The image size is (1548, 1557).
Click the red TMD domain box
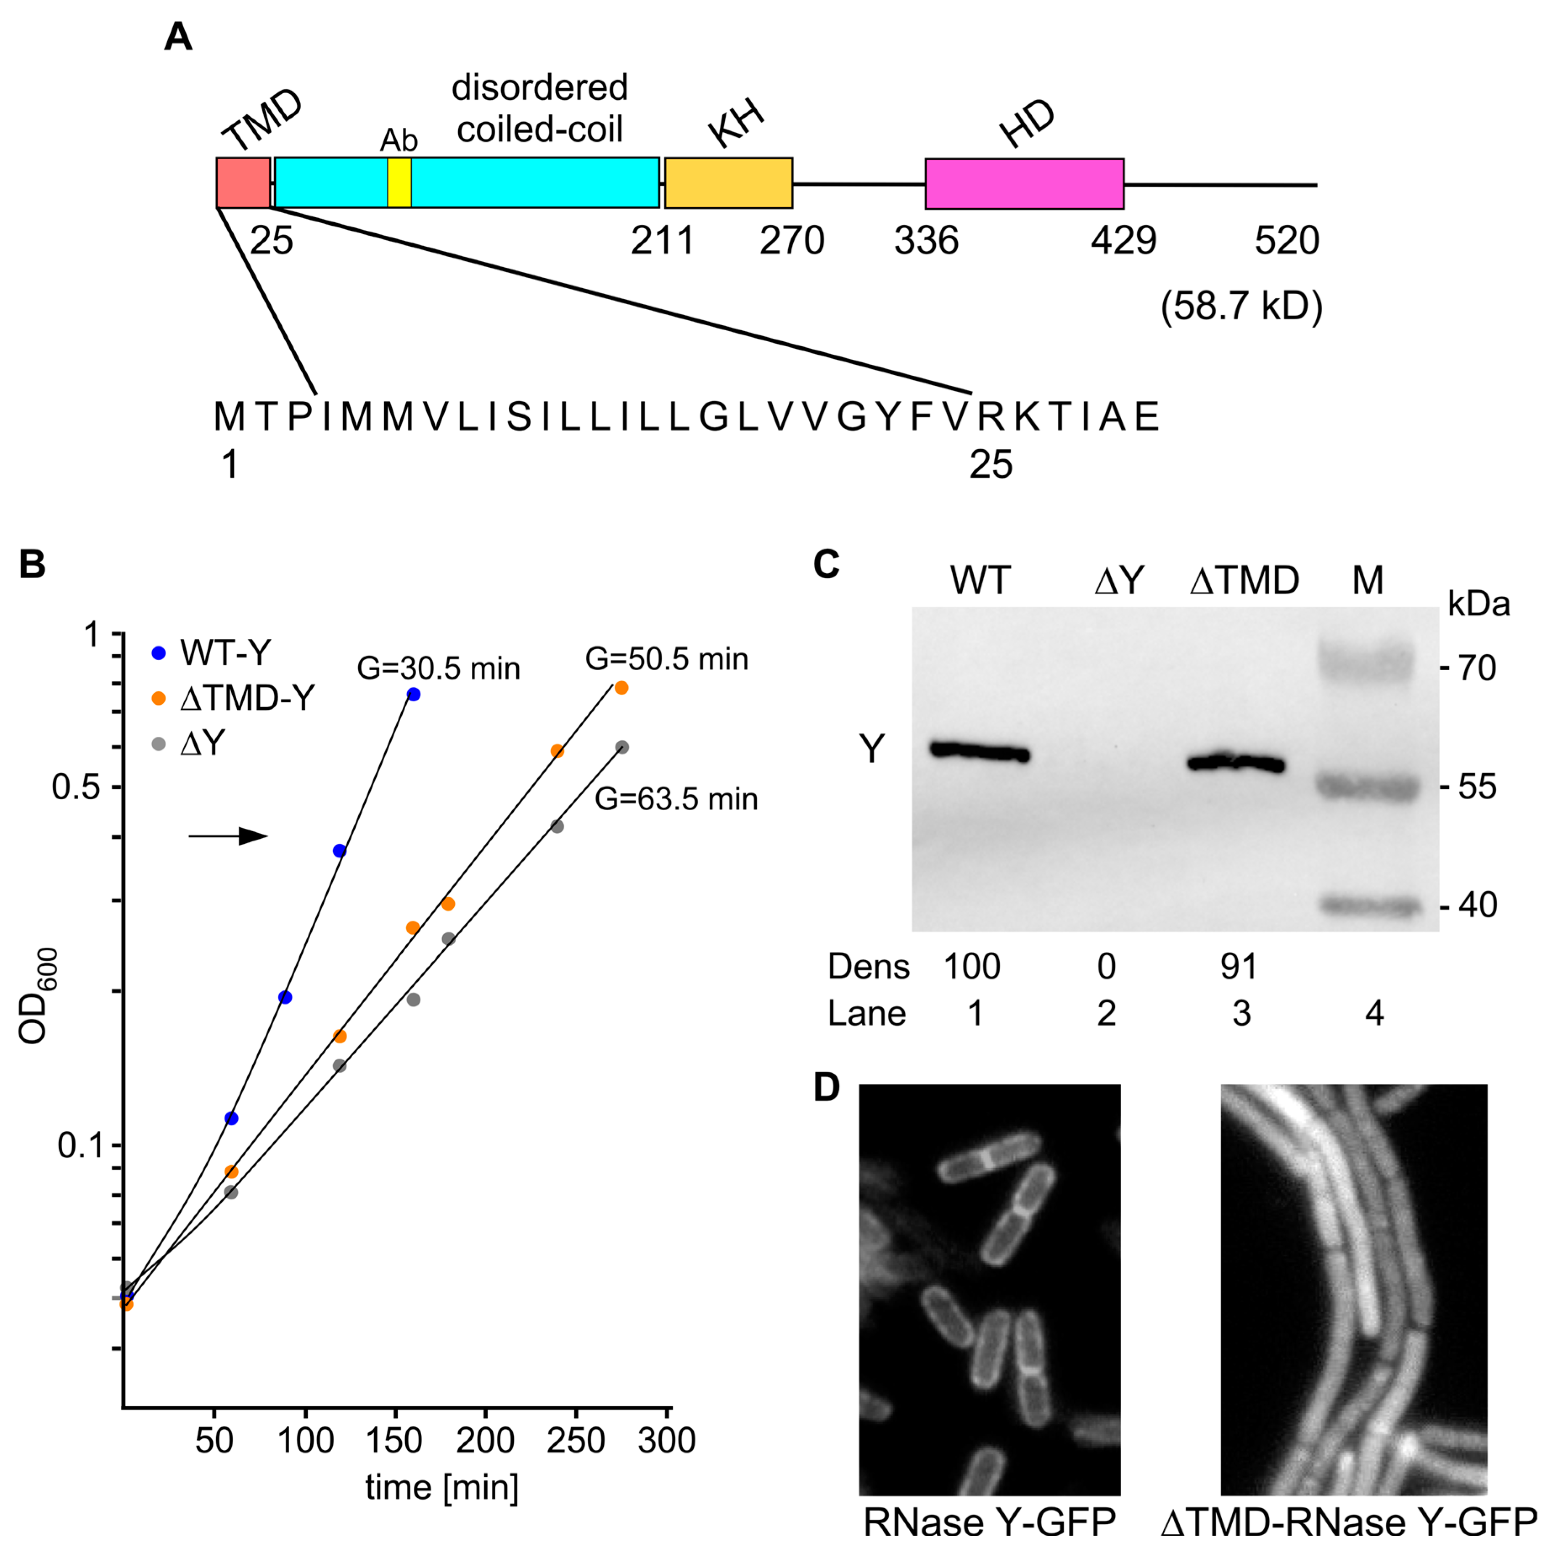pyautogui.click(x=243, y=183)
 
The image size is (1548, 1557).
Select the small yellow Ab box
pyautogui.click(x=399, y=183)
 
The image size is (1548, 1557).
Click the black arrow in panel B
pyautogui.click(x=228, y=837)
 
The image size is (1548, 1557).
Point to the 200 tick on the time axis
pyautogui.click(x=485, y=1440)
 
